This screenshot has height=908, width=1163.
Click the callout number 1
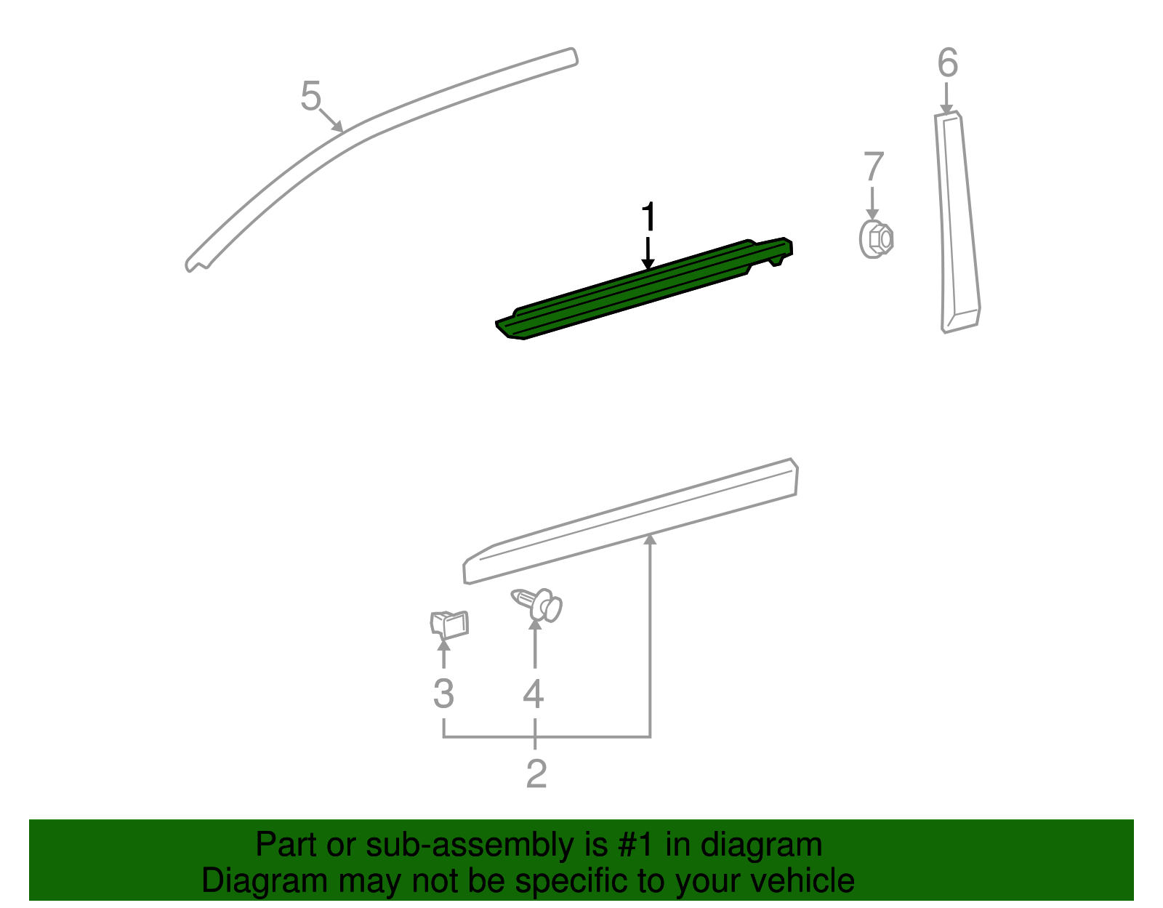click(x=648, y=217)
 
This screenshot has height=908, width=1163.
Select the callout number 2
click(x=536, y=774)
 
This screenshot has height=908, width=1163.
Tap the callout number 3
click(x=443, y=694)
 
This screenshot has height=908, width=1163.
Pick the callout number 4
click(x=534, y=694)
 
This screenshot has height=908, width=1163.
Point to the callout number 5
click(x=310, y=97)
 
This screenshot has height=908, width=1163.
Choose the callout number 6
click(x=947, y=63)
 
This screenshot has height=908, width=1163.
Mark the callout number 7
click(x=873, y=167)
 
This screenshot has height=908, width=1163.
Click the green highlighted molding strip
click(x=640, y=289)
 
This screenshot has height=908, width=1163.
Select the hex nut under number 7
click(x=876, y=238)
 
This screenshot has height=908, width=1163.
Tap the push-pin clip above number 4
click(x=539, y=605)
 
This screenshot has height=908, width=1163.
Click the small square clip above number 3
click(x=449, y=624)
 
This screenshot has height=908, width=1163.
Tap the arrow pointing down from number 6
click(x=946, y=99)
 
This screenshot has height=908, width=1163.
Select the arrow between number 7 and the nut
click(x=872, y=203)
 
